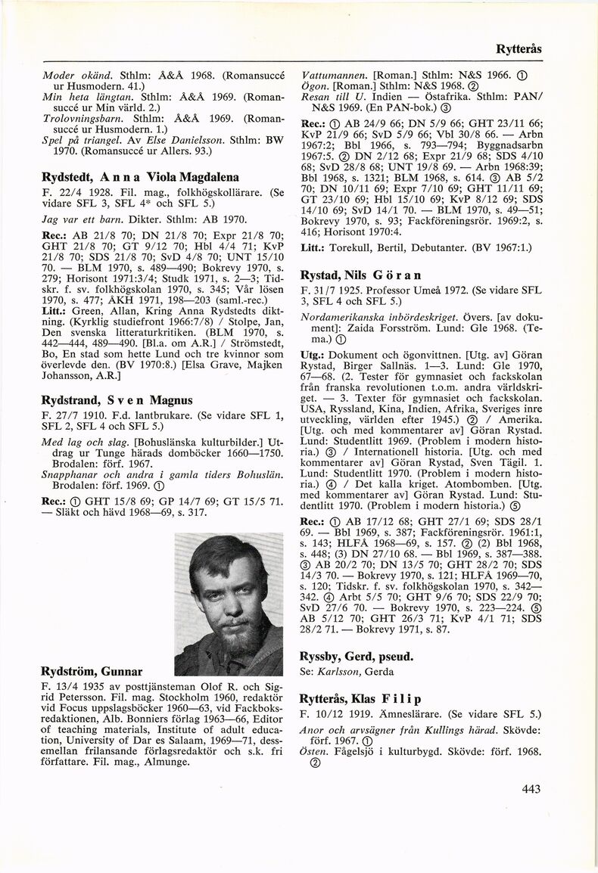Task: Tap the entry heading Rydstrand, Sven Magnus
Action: coord(117,399)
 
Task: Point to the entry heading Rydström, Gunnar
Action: coord(92,670)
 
